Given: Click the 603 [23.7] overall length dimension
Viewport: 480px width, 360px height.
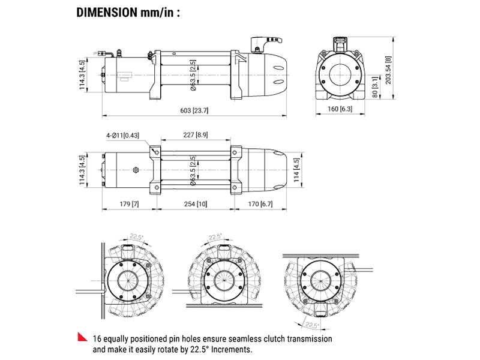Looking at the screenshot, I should click(x=194, y=110).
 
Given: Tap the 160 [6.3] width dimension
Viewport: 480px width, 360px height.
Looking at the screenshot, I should click(x=340, y=110).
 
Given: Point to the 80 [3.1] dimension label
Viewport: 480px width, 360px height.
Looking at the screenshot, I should click(x=374, y=87).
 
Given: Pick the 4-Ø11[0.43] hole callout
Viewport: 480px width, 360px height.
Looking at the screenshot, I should click(x=122, y=136).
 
